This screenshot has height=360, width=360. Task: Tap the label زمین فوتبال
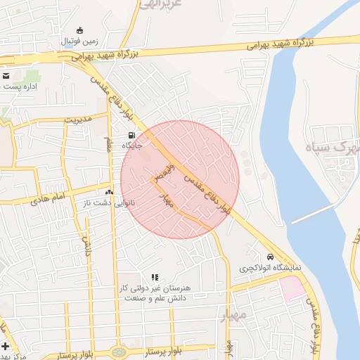(79, 42)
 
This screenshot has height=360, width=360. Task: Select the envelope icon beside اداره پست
(6, 75)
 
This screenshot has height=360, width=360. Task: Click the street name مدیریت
(78, 119)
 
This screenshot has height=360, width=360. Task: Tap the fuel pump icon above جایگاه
(131, 135)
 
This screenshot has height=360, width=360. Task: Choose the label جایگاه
(133, 146)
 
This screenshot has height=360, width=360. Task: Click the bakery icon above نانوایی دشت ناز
(109, 191)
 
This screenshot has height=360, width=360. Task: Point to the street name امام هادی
(49, 200)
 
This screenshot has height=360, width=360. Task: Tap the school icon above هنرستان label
(155, 278)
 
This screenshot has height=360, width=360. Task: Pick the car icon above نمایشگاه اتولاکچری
(270, 257)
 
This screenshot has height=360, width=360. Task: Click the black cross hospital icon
(6, 346)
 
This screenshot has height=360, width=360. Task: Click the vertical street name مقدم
(110, 146)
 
